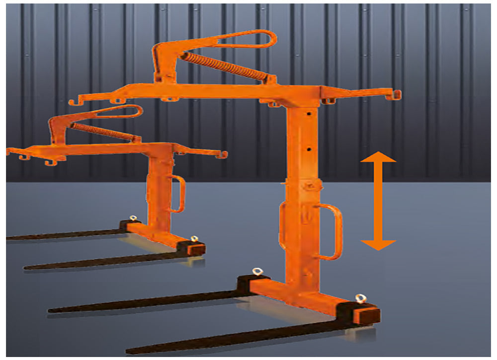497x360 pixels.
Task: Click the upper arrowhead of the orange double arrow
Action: pos(378,157)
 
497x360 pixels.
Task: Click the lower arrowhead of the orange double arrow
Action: pos(378,244)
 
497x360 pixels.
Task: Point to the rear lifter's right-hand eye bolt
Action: pos(194,239)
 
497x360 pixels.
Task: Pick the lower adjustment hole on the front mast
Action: pos(309,149)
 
